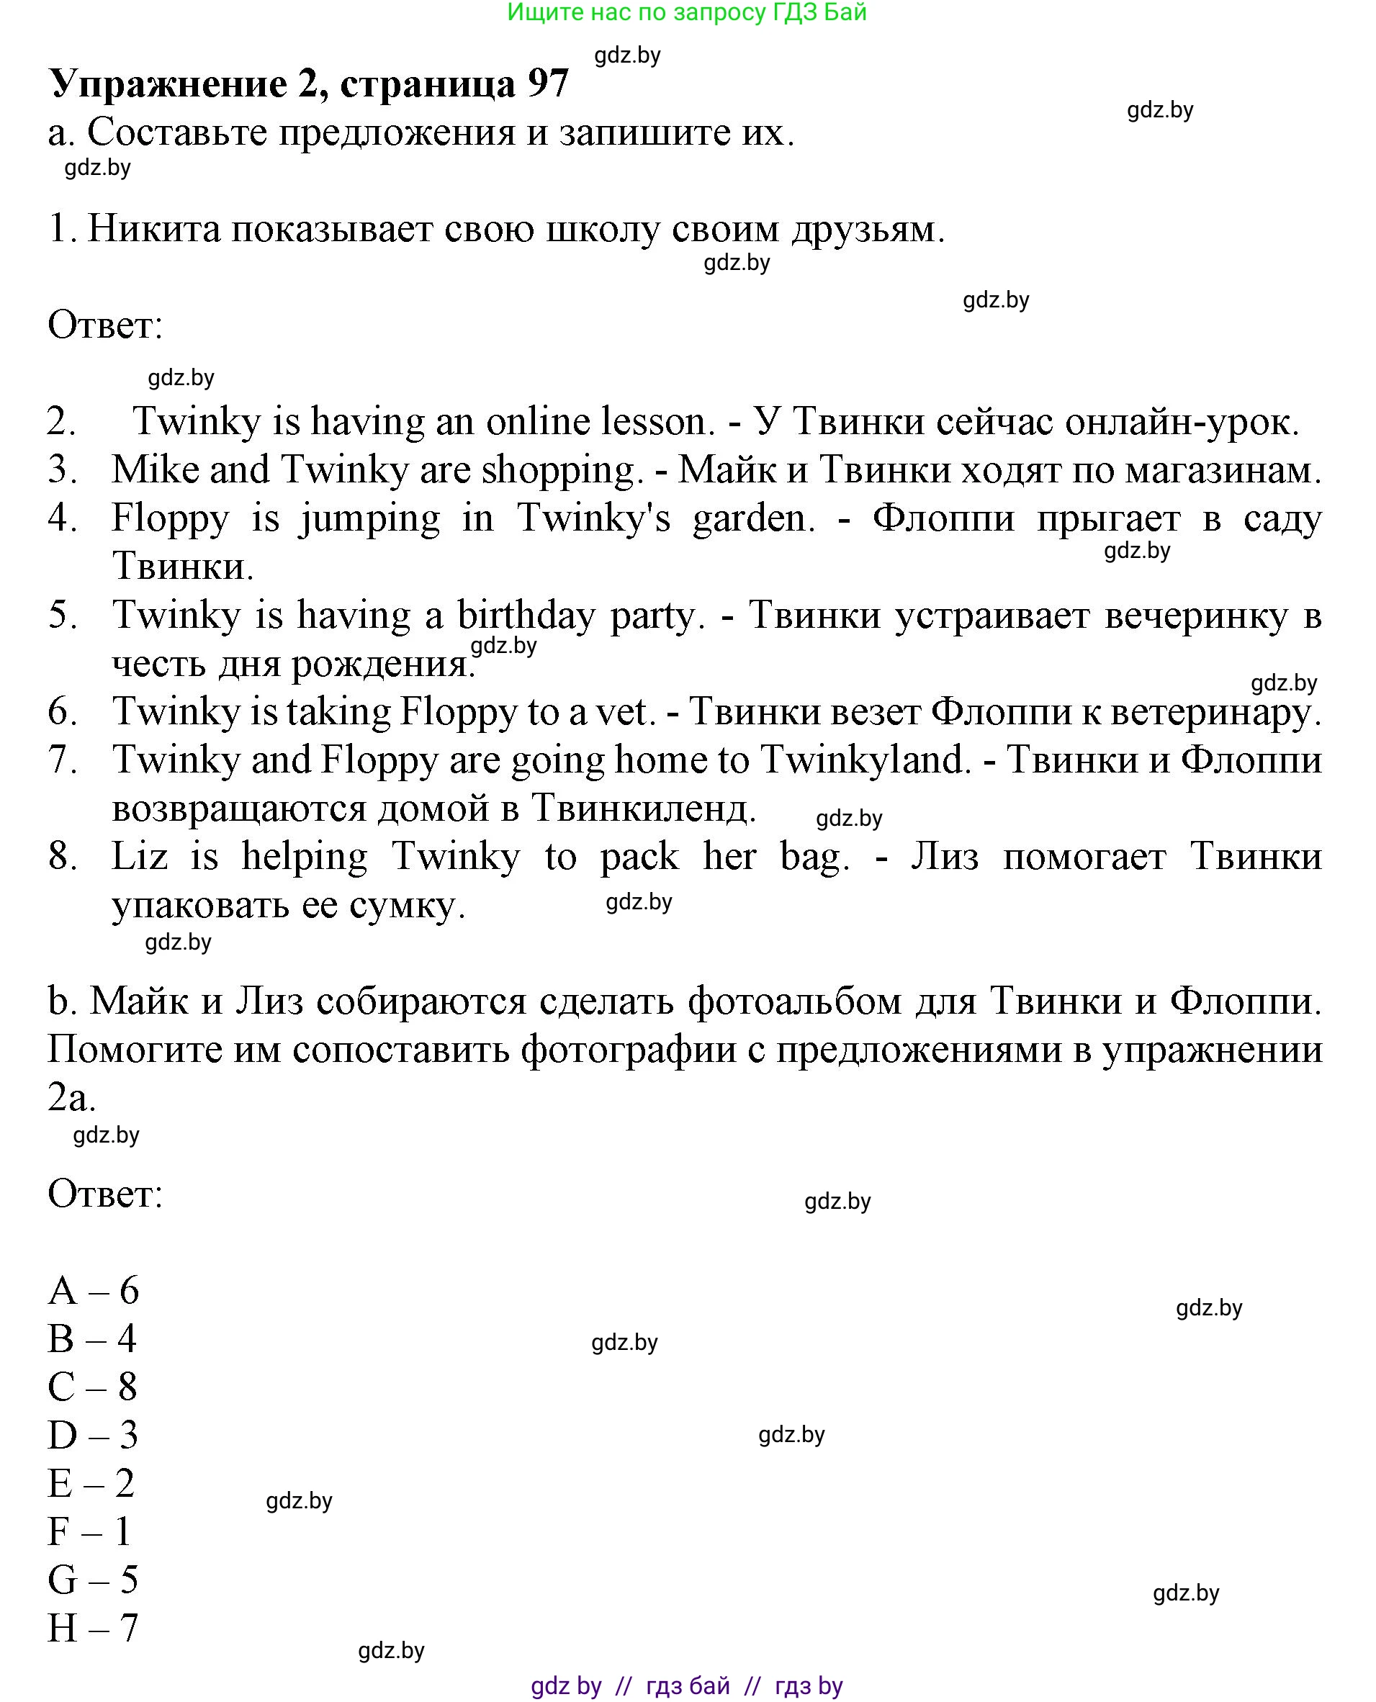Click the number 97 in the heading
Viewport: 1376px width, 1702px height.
pos(548,84)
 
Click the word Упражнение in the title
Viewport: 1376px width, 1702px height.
pos(168,84)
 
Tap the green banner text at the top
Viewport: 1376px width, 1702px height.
pos(686,13)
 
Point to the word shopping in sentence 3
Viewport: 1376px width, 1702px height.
pos(559,469)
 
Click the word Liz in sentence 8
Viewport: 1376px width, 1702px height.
pos(140,856)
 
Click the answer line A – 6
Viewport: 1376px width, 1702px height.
pos(94,1291)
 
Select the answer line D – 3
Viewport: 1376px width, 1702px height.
pos(94,1435)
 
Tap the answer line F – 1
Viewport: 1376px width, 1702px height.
pos(89,1531)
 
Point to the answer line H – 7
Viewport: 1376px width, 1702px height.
pos(94,1629)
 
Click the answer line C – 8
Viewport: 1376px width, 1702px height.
pos(94,1387)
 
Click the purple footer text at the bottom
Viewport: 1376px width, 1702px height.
pos(686,1685)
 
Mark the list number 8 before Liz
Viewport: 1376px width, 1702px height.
pos(62,856)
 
